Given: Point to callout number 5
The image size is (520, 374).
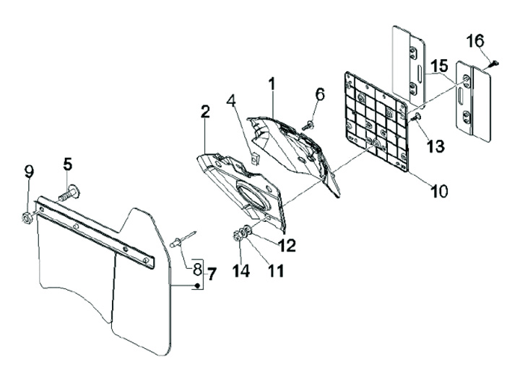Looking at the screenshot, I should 67,164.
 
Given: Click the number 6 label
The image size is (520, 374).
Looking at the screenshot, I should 319,94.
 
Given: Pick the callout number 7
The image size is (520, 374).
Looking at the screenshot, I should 212,273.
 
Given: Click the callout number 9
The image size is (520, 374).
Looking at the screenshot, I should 29,172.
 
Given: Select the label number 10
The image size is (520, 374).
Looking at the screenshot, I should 438,191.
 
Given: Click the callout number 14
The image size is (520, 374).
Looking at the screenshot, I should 240,271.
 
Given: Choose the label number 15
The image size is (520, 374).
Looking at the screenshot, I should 439,67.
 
